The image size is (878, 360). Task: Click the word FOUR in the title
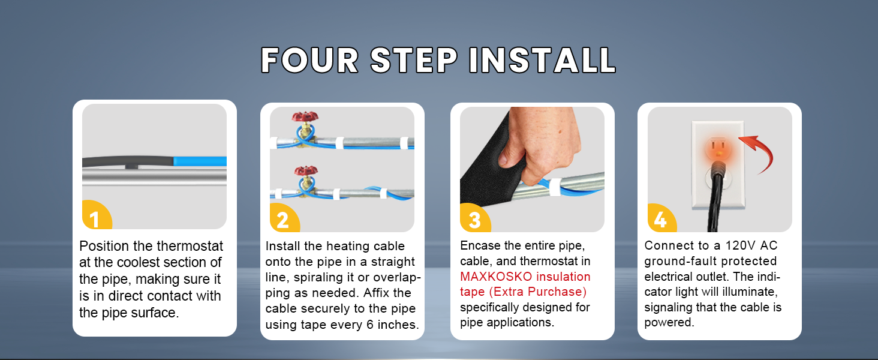(309, 60)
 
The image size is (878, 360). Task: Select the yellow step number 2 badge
(282, 220)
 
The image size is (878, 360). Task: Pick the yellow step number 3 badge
(474, 220)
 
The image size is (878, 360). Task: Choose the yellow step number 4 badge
(660, 220)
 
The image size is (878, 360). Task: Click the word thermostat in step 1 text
(190, 246)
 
